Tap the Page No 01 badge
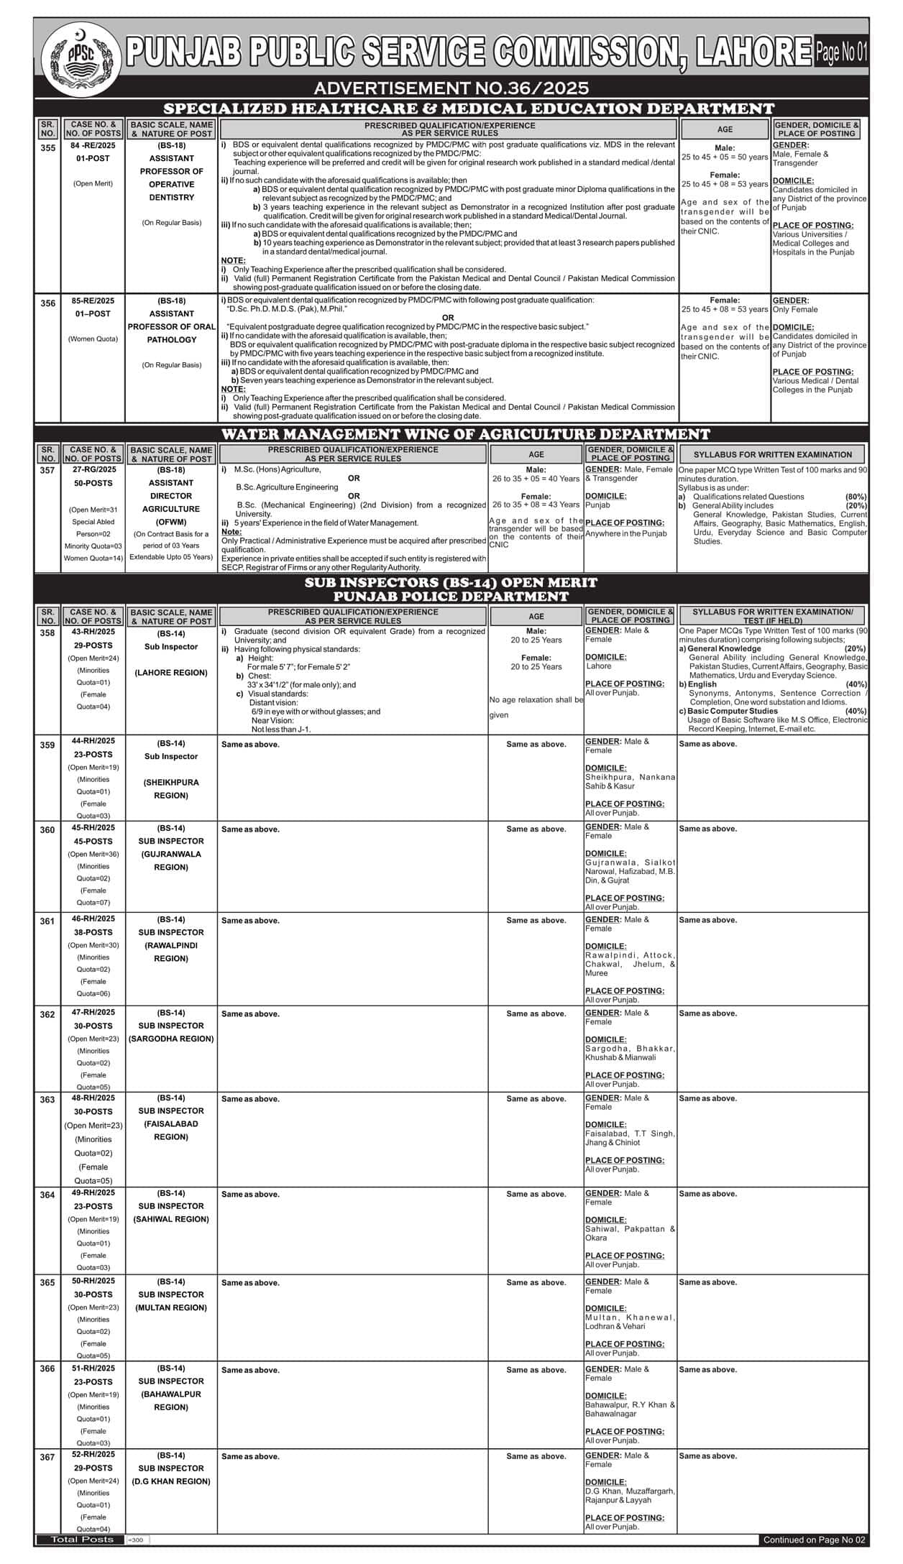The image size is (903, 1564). tap(841, 52)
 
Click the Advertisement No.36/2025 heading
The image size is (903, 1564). tap(451, 88)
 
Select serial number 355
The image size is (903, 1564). tap(47, 148)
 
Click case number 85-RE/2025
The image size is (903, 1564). tap(93, 300)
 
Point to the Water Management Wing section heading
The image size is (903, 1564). tap(465, 434)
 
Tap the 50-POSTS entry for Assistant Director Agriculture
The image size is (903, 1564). tap(93, 483)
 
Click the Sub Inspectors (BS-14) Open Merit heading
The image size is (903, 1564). tap(451, 582)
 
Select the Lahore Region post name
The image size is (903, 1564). tap(171, 673)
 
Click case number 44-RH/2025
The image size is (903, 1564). tap(93, 741)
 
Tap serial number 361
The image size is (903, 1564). tap(47, 921)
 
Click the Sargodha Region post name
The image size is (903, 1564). tap(171, 1039)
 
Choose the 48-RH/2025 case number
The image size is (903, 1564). tap(93, 1098)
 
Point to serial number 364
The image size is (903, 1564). tap(47, 1195)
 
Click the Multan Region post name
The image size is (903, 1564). tap(171, 1307)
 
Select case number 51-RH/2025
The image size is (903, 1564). tap(93, 1368)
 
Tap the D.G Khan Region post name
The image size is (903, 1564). tap(171, 1481)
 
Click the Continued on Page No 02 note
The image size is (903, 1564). tap(815, 1540)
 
